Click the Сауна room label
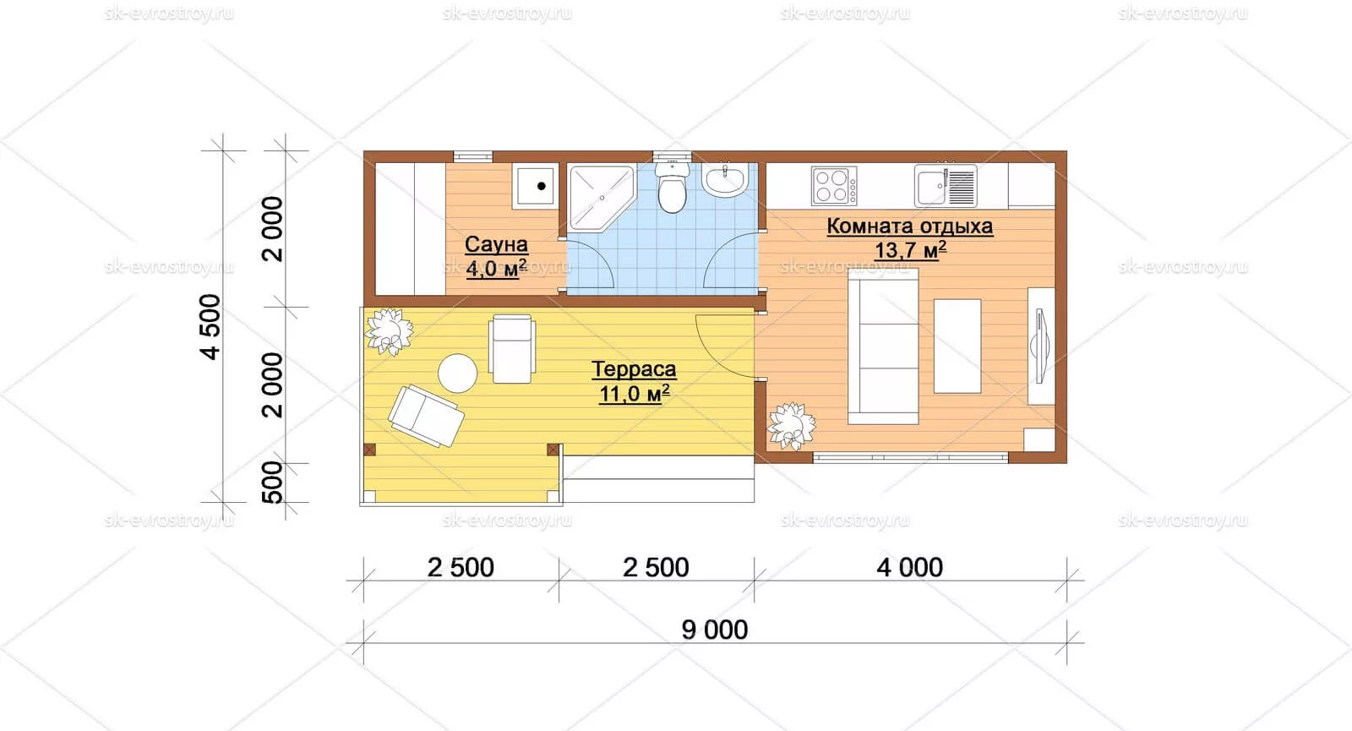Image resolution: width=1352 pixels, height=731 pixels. [x=496, y=244]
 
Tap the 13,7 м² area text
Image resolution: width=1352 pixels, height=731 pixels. [x=910, y=249]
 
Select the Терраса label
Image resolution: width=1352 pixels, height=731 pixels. [x=634, y=368]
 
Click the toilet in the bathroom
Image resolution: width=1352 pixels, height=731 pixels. [x=672, y=186]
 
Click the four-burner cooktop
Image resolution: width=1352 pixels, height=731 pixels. [x=833, y=186]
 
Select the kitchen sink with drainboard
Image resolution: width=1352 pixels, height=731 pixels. [x=946, y=186]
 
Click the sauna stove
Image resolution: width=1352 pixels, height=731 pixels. [x=535, y=186]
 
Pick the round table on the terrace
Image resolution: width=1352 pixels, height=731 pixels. [x=457, y=373]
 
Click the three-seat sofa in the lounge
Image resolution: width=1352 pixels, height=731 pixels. [x=883, y=346]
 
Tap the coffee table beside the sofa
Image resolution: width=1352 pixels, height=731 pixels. [x=957, y=346]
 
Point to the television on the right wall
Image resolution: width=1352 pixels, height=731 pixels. [x=1041, y=346]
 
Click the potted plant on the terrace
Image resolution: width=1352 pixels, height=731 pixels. [x=390, y=331]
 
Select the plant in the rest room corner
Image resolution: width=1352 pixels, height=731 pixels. [x=791, y=426]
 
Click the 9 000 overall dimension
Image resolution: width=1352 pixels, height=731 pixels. [x=715, y=630]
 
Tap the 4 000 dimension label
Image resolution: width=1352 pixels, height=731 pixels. [x=909, y=567]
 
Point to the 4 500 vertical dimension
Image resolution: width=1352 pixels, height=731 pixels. [x=210, y=326]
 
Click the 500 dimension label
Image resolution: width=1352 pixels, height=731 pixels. [x=273, y=482]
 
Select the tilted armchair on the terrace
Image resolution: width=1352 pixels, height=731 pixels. [x=426, y=415]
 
